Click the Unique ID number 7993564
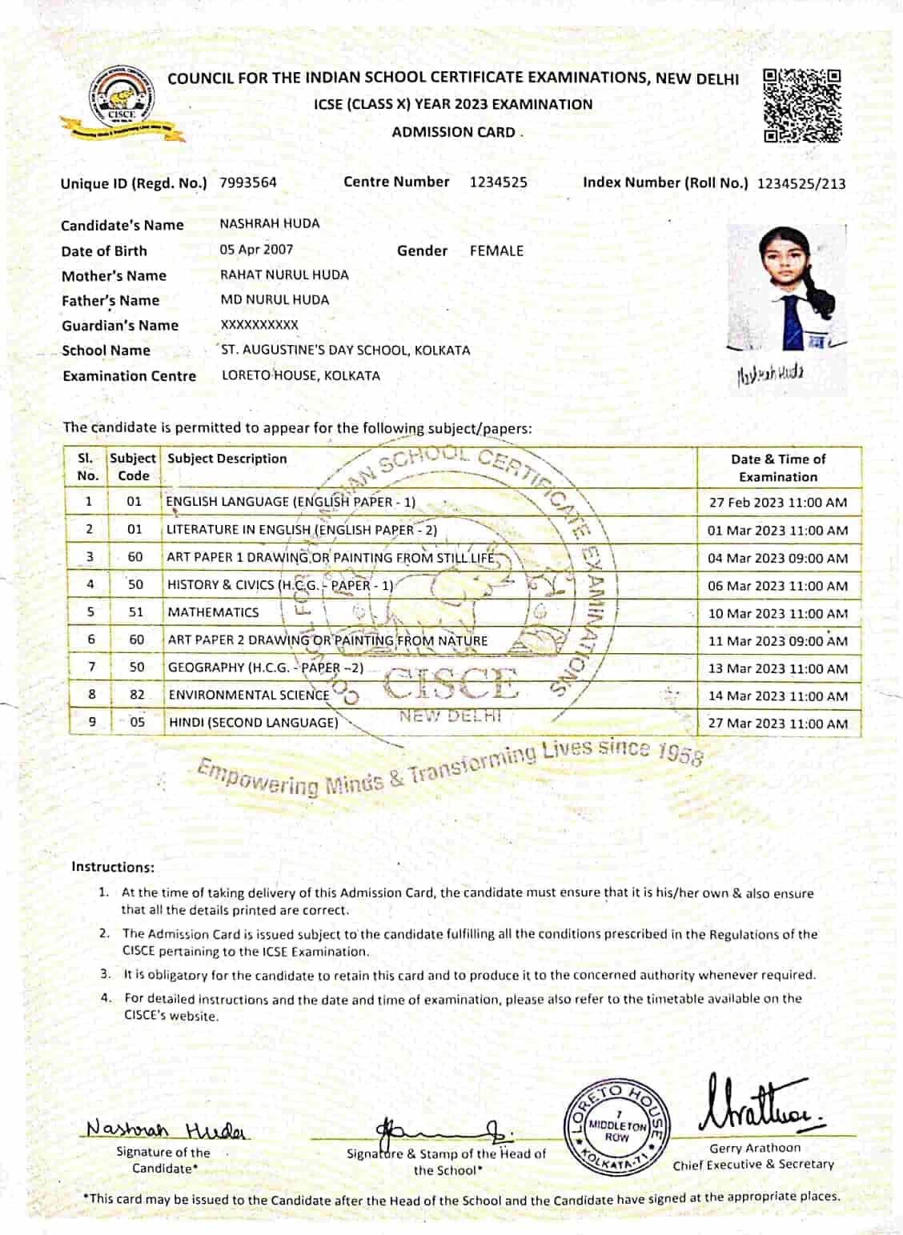[248, 182]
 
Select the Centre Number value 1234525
[498, 182]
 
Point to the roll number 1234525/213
[801, 183]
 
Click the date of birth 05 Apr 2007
[256, 250]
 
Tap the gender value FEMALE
[496, 251]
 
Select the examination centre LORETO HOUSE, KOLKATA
[301, 375]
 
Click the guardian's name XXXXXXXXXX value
[259, 325]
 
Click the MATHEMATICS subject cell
[214, 612]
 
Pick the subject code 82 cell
[137, 695]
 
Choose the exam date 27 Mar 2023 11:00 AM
[777, 724]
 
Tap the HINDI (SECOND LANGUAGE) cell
[254, 723]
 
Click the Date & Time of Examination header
[778, 467]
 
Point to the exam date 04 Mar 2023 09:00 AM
[777, 558]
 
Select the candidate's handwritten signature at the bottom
[167, 1129]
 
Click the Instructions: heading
[113, 867]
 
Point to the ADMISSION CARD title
[453, 132]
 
